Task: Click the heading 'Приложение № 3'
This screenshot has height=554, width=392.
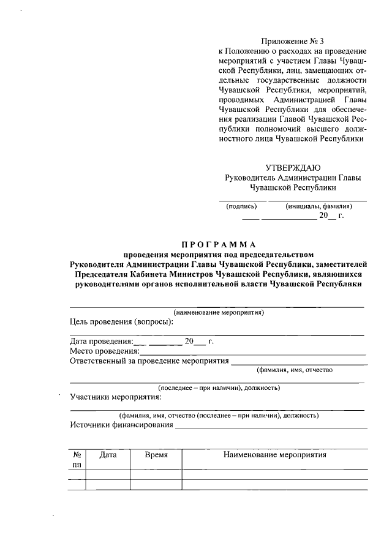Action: (292, 41)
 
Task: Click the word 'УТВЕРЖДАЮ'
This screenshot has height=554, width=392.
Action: (293, 168)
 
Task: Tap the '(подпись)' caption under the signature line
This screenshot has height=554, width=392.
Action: (241, 206)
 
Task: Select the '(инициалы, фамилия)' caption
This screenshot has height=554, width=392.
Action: (318, 206)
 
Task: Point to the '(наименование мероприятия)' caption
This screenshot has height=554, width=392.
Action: (218, 312)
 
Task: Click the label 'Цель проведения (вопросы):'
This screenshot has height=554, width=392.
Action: (121, 322)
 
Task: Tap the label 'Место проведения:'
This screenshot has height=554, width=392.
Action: (104, 351)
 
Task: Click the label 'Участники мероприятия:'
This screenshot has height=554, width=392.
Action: (114, 397)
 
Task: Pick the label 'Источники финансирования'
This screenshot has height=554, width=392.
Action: (122, 425)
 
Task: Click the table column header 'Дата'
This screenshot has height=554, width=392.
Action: (108, 455)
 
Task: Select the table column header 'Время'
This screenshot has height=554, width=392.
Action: (156, 455)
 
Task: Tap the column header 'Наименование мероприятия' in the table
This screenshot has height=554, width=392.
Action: (275, 455)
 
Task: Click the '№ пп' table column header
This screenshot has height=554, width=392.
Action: (77, 460)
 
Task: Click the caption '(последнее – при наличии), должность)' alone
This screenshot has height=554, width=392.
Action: (219, 387)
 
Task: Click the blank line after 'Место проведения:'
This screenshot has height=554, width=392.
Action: (253, 354)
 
